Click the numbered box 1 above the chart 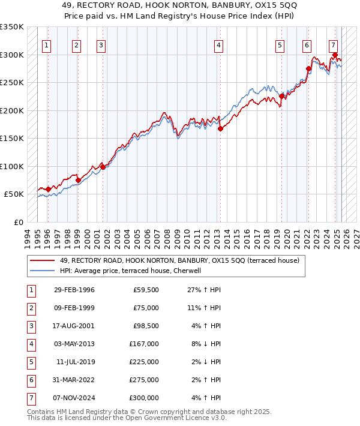tap(47, 45)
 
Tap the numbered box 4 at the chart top tap(219, 45)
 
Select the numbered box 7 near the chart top tap(333, 45)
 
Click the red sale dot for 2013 tap(220, 128)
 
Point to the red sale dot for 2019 tap(281, 96)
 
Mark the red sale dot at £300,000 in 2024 tap(335, 55)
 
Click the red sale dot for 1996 tap(48, 189)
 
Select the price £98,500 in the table tap(146, 326)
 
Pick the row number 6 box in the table tap(31, 380)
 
